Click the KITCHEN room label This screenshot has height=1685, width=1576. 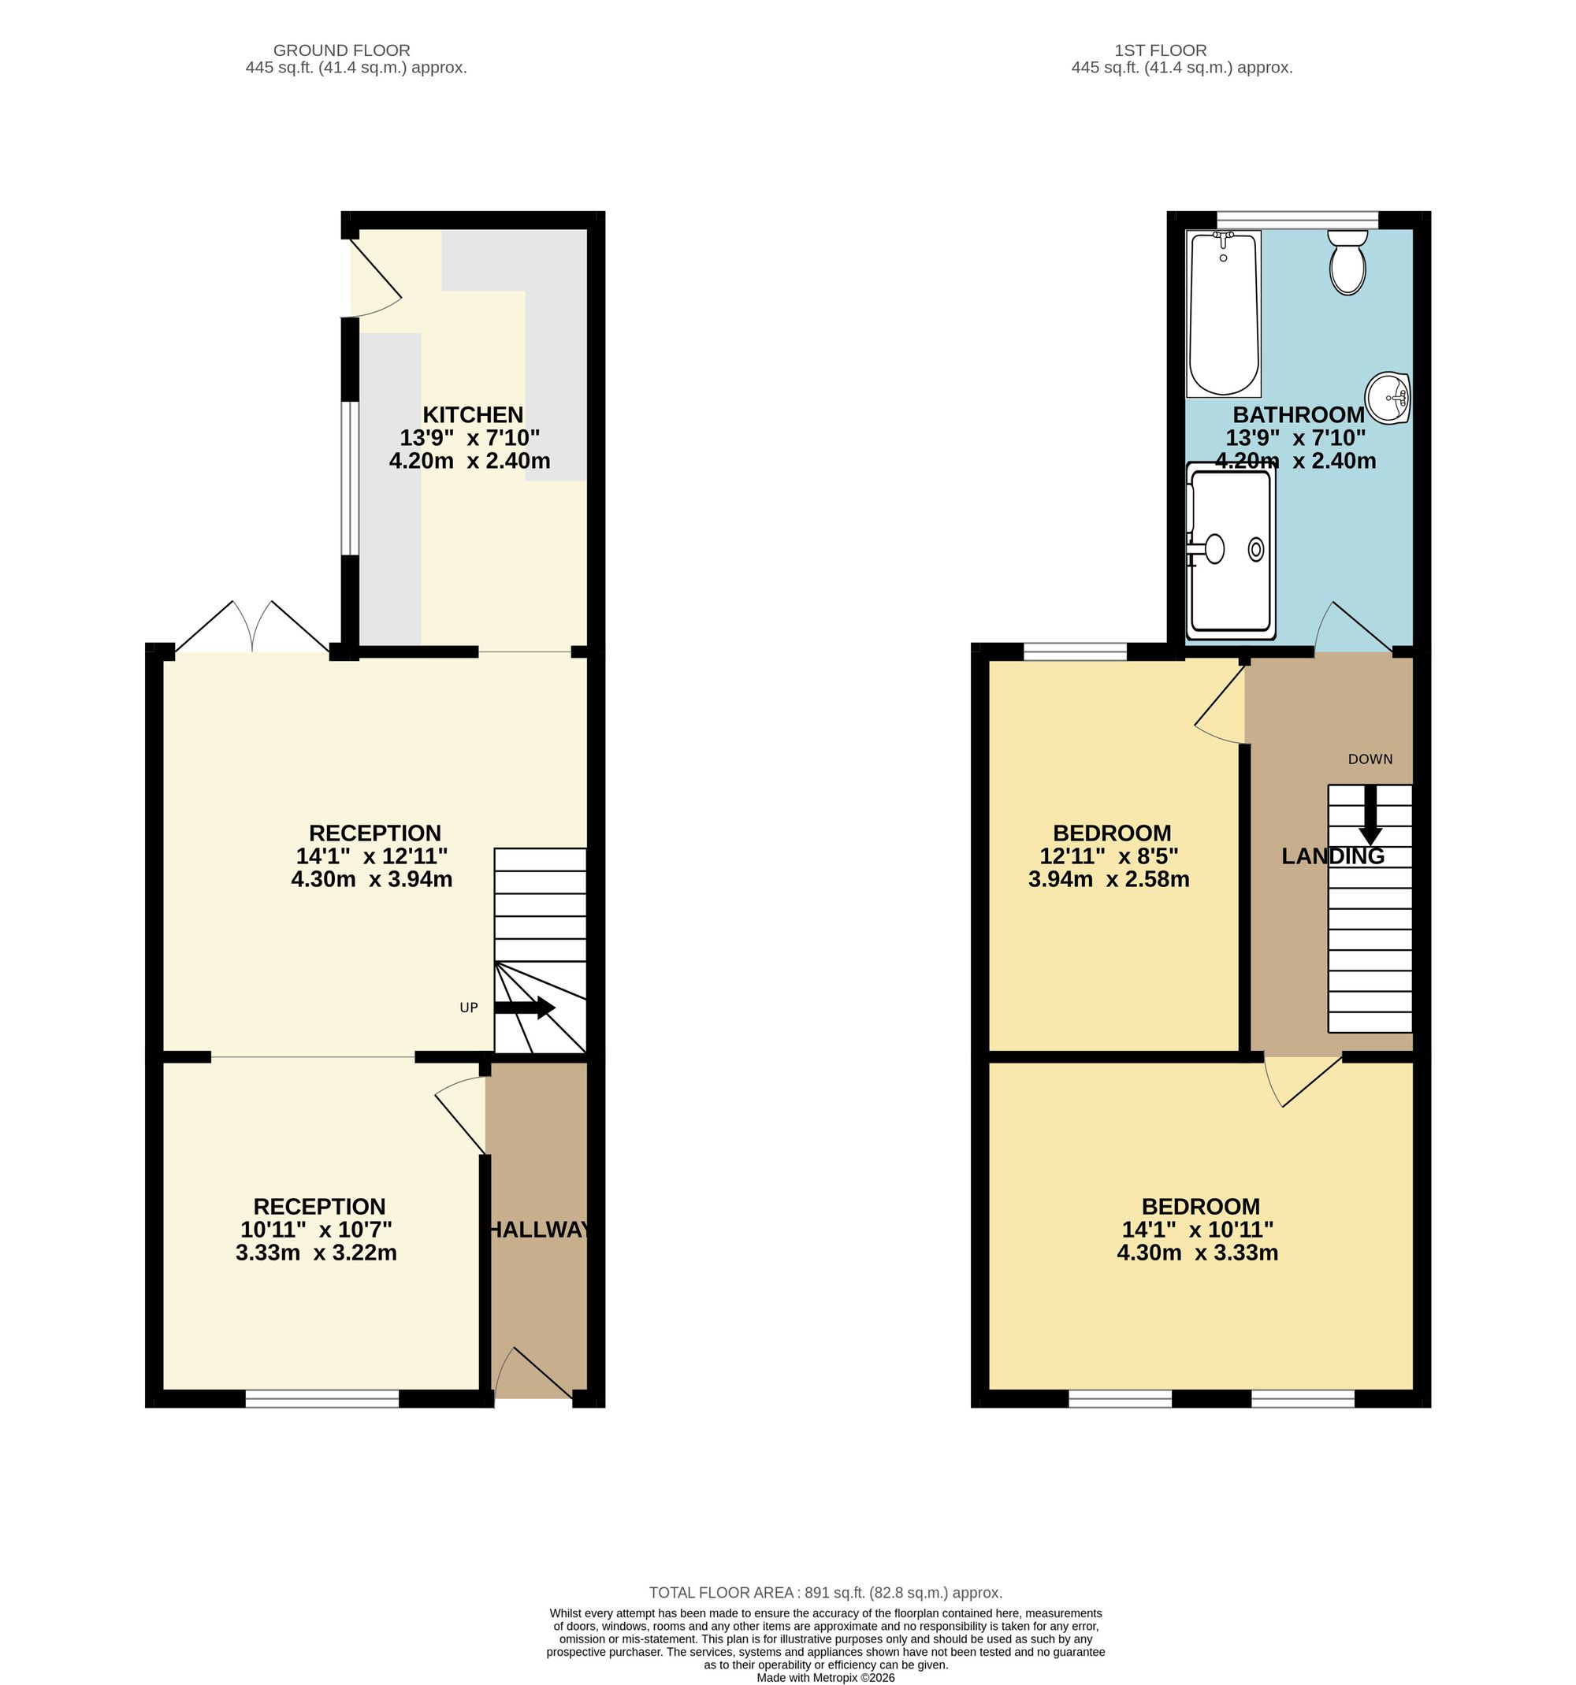click(473, 415)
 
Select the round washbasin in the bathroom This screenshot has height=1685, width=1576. click(1387, 398)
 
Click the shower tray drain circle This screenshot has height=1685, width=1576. click(1255, 550)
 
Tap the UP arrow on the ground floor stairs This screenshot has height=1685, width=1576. click(524, 1008)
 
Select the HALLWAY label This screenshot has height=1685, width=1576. click(539, 1230)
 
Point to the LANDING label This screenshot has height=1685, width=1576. click(1333, 856)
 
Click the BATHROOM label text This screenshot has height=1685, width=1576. click(1298, 415)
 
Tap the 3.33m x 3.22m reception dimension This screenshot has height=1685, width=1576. click(316, 1253)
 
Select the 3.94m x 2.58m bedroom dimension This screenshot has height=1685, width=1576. click(1109, 880)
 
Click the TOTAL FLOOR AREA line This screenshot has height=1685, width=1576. click(826, 1593)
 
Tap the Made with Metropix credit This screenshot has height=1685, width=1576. click(826, 1677)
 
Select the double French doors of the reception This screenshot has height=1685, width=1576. click(253, 626)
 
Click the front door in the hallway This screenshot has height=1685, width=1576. click(532, 1373)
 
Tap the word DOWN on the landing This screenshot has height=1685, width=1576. click(1370, 759)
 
